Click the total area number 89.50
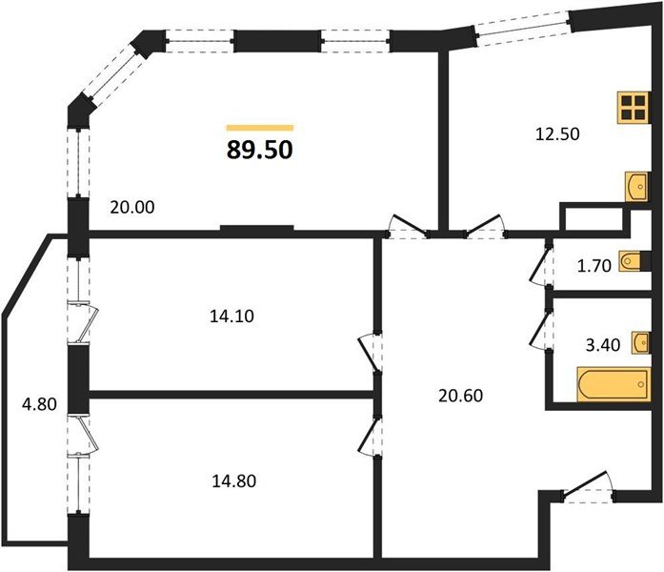pos(259,150)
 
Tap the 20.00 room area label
pos(132,207)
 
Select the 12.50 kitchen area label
pos(557,133)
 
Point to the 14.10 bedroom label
pos(231,317)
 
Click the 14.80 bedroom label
pos(233,480)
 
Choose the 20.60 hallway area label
pos(460,396)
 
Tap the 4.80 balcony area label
pos(39,404)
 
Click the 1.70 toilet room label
pos(594,266)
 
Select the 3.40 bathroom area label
pos(603,345)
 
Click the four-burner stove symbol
pos(634,108)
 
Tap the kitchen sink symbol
pos(637,187)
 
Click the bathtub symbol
pos(614,384)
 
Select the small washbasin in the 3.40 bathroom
pos(641,342)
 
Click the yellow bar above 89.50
pos(259,128)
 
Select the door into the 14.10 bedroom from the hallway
pos(371,353)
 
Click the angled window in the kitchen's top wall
pos(522,29)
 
